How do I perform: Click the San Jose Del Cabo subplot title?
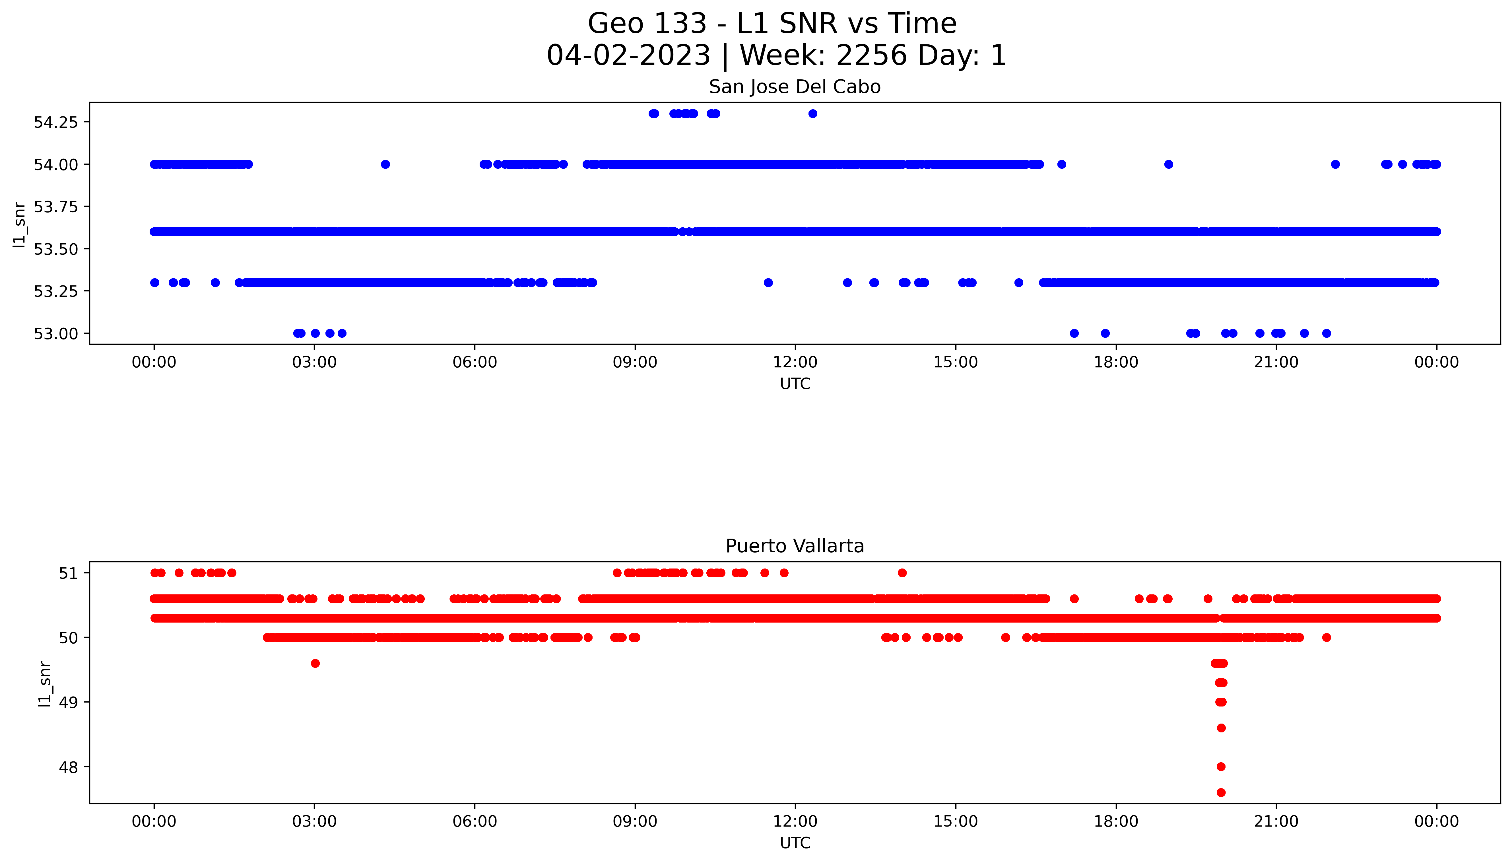click(795, 87)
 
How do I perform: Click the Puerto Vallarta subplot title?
click(795, 546)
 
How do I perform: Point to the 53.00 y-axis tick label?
click(56, 334)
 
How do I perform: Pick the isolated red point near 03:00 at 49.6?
click(315, 663)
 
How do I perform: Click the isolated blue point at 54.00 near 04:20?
click(385, 164)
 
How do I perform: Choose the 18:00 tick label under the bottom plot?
click(1116, 821)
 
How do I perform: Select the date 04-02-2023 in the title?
click(628, 56)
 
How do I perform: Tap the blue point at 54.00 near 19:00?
click(1168, 164)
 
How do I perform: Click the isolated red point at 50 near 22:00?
click(1327, 638)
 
